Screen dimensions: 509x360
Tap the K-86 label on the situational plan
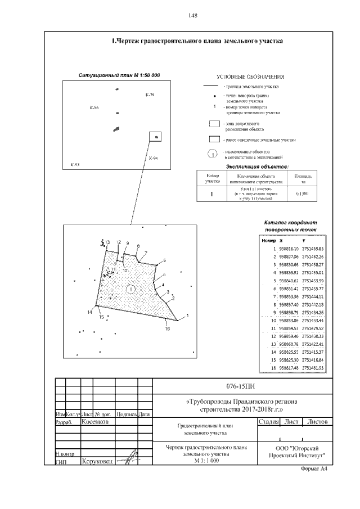[x=93, y=107]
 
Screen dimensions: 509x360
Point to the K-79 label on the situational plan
[x=149, y=95]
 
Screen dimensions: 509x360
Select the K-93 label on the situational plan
[x=75, y=165]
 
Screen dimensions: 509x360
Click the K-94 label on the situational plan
[x=153, y=159]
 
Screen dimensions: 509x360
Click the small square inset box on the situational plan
[x=155, y=136]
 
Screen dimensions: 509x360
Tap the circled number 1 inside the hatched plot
[x=130, y=289]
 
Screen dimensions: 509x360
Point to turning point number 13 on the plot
[x=107, y=242]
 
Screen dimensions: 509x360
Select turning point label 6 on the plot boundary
[x=165, y=260]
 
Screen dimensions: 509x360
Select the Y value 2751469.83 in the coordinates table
[x=313, y=249]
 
